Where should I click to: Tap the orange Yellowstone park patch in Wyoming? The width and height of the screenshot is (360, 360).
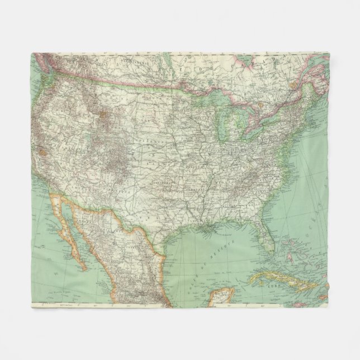click(x=105, y=118)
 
